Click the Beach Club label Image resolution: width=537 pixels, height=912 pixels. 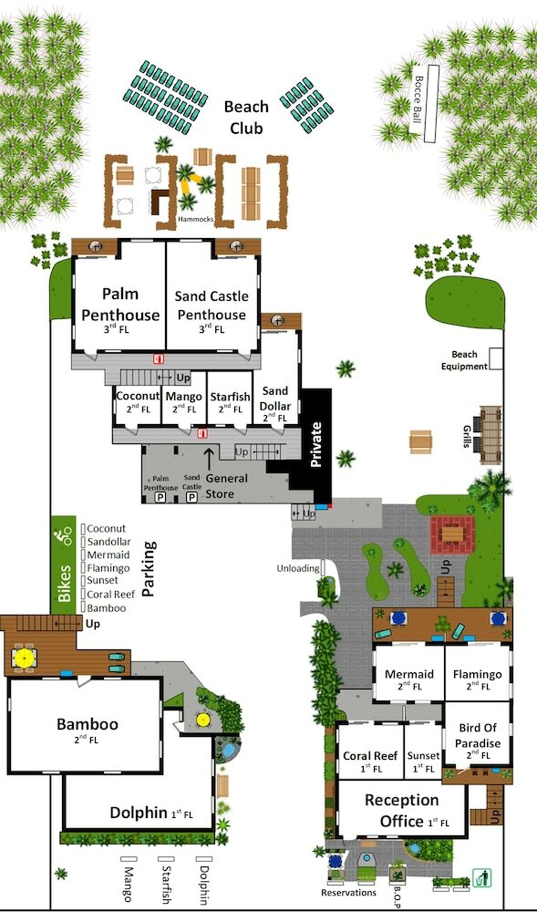click(x=246, y=117)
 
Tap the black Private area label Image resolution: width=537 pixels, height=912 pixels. click(x=316, y=444)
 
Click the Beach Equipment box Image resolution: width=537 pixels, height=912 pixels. click(x=496, y=358)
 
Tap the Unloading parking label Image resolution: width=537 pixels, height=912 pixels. click(x=298, y=567)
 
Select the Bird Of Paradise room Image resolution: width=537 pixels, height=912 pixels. click(x=477, y=734)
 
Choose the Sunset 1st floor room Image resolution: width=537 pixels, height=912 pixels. click(x=423, y=751)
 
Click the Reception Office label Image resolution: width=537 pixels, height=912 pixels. click(x=401, y=811)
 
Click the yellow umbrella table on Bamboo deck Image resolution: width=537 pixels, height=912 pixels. click(x=25, y=658)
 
